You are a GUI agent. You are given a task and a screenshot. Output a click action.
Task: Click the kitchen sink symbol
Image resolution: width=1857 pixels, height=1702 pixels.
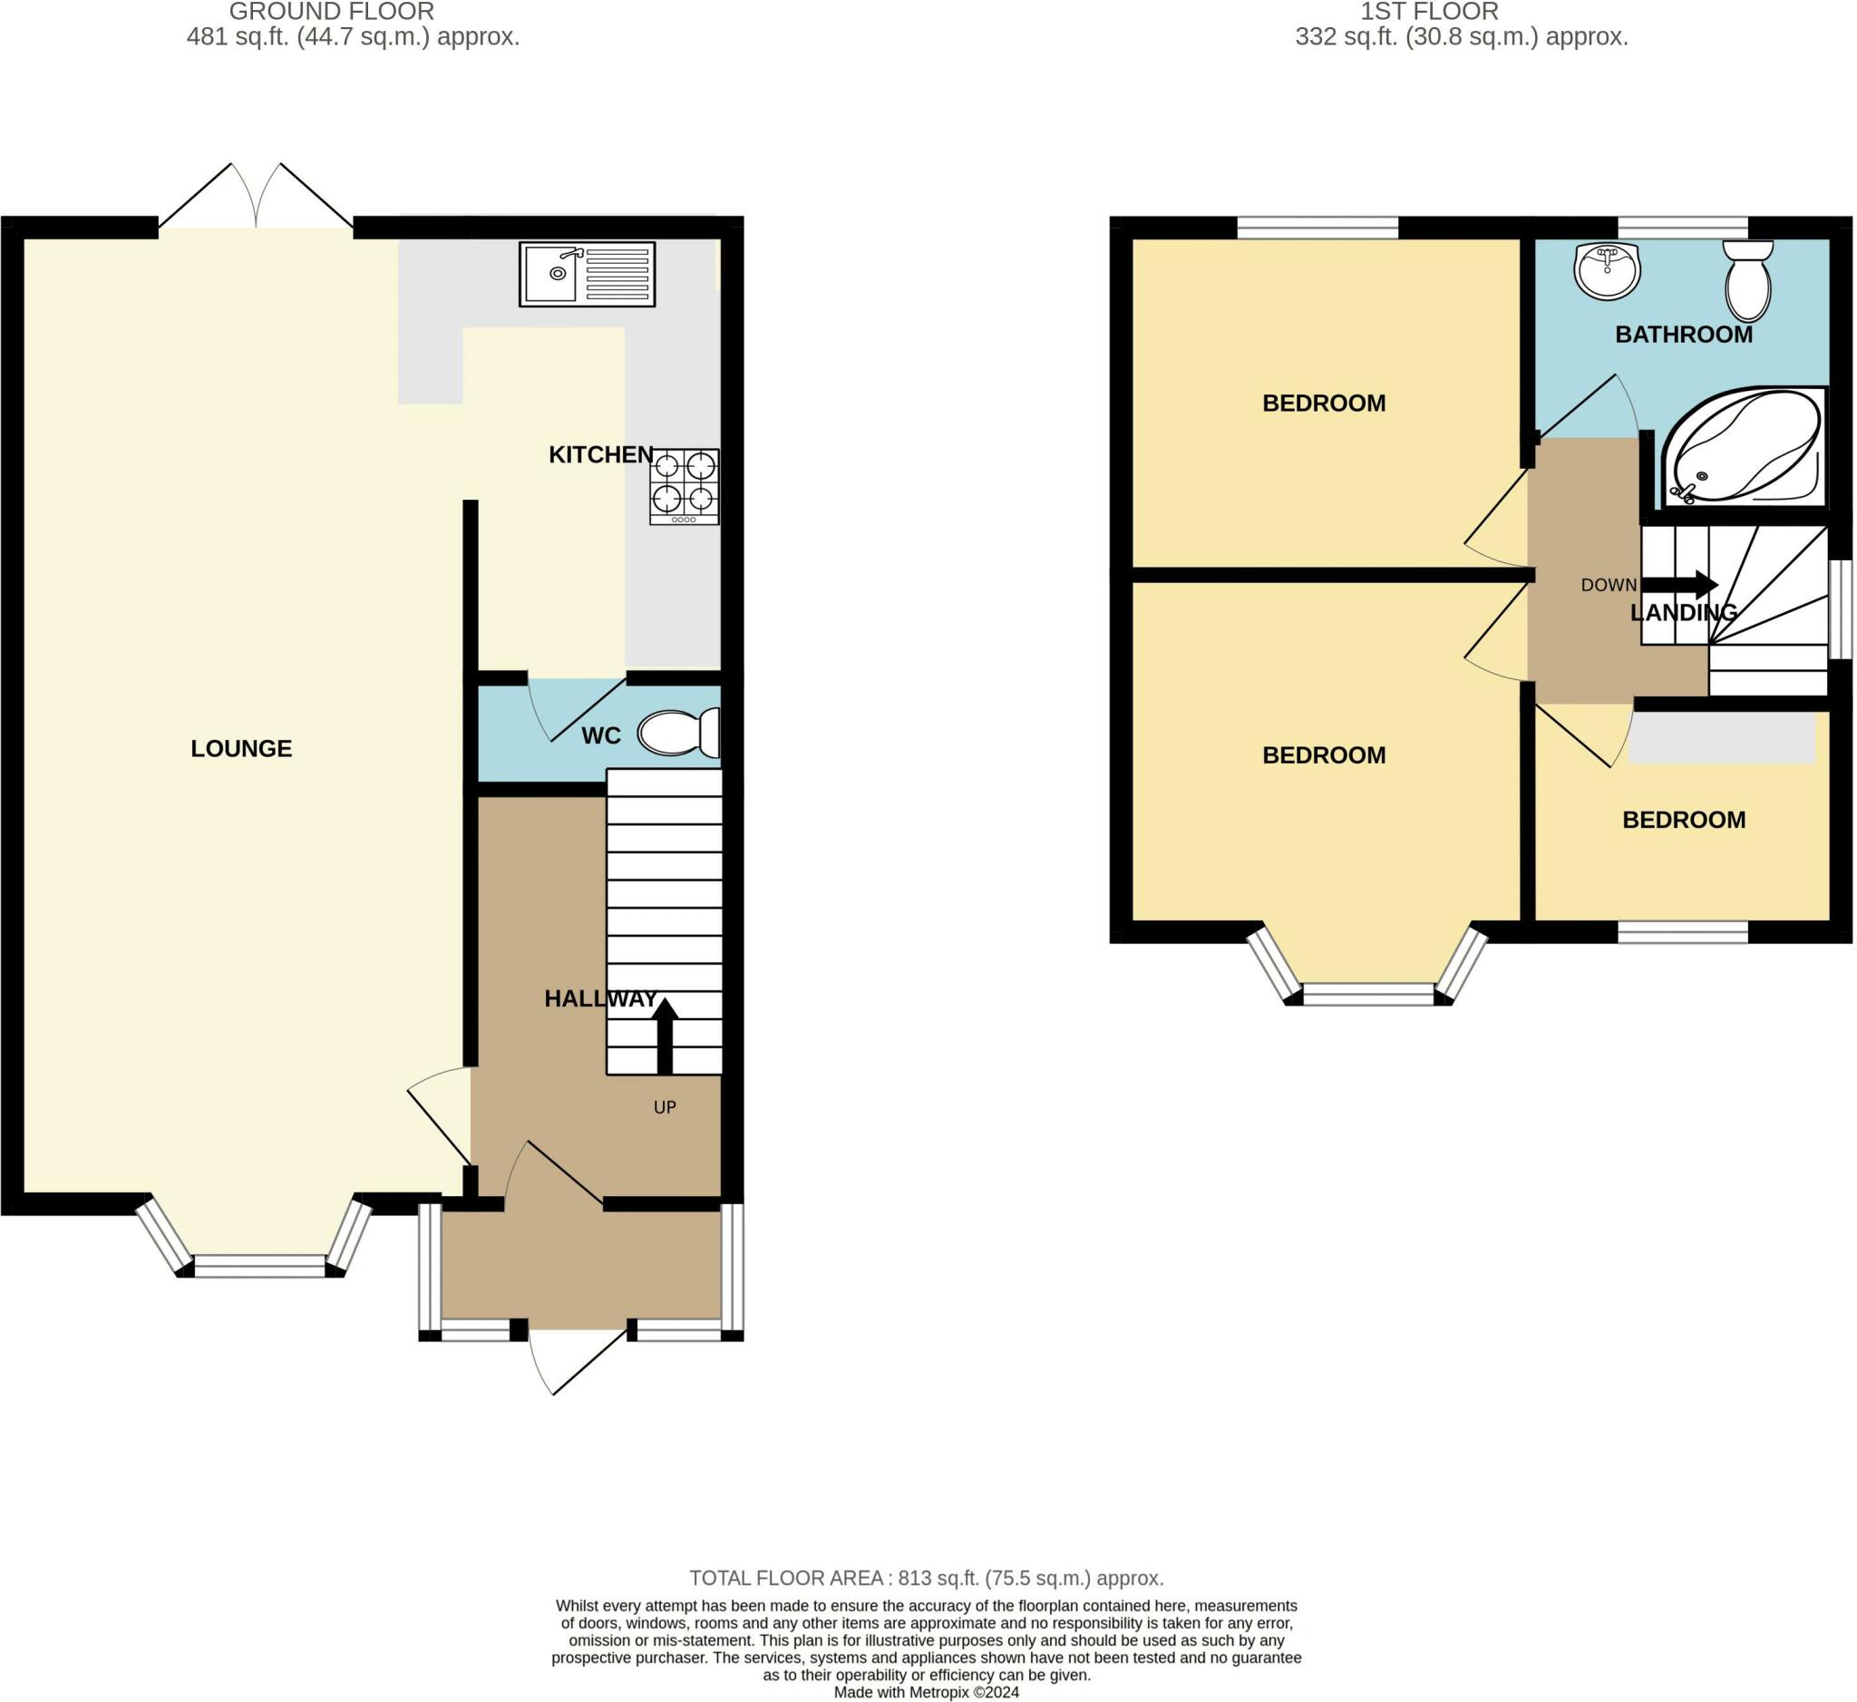click(x=587, y=275)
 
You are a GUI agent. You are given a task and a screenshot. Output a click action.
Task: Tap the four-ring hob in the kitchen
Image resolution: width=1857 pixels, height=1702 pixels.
click(x=684, y=486)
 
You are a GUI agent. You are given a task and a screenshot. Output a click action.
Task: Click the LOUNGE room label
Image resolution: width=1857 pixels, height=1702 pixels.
click(x=241, y=749)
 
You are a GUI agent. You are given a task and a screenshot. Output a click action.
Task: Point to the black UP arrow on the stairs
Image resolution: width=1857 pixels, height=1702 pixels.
click(x=664, y=1036)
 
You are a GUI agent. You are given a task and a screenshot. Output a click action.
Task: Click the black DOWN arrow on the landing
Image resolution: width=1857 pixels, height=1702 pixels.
click(x=1678, y=585)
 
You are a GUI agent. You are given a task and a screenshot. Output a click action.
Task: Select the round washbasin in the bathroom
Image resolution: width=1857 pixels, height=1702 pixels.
click(x=1608, y=271)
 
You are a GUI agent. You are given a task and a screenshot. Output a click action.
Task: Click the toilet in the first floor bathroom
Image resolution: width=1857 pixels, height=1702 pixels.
click(x=1747, y=279)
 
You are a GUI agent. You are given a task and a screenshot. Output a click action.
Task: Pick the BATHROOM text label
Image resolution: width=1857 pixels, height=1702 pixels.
click(x=1683, y=335)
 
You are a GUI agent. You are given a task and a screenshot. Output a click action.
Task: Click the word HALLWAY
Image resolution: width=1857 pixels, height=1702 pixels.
click(x=600, y=998)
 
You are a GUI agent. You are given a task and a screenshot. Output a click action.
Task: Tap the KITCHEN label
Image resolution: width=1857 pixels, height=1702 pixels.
click(x=600, y=454)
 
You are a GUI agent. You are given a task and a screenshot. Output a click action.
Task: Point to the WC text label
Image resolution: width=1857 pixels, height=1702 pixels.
click(x=600, y=736)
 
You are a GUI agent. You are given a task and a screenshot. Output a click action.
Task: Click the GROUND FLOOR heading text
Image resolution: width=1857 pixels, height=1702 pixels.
click(x=332, y=12)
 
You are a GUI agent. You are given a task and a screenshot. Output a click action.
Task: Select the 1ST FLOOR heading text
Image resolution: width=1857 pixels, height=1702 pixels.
click(x=1429, y=12)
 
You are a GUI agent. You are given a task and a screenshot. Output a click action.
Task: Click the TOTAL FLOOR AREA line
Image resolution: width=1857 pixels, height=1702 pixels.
click(x=927, y=1578)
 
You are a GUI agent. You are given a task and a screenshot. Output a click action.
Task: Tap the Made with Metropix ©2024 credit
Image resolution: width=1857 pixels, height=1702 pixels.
click(x=927, y=1693)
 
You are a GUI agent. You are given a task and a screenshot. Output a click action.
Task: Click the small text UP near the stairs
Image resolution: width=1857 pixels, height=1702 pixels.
click(x=664, y=1107)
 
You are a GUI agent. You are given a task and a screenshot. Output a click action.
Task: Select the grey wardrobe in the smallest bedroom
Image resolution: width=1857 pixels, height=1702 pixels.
click(x=1721, y=738)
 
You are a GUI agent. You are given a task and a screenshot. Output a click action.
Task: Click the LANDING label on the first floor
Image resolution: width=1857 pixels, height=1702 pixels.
click(x=1683, y=612)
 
